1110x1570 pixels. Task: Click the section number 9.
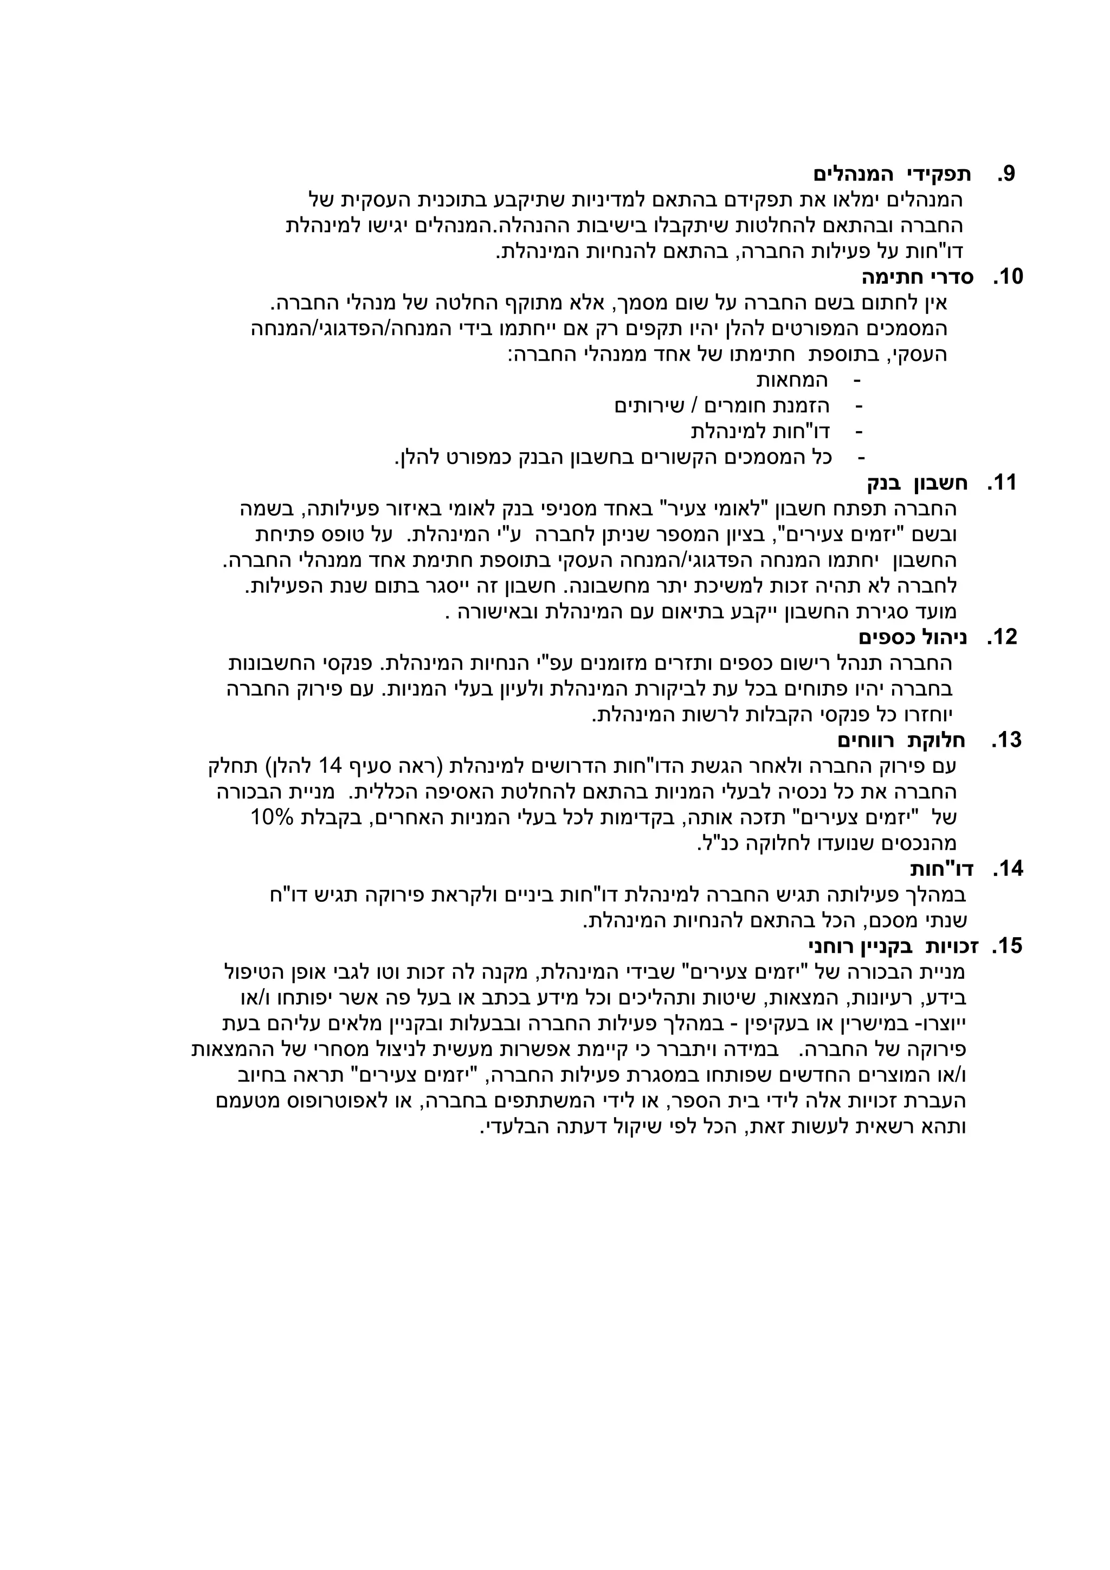click(1005, 175)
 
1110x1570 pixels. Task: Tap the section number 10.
click(1008, 277)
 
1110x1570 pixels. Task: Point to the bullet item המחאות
click(792, 380)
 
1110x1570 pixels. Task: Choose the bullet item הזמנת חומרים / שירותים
click(722, 406)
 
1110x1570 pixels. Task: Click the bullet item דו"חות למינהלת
click(760, 432)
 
